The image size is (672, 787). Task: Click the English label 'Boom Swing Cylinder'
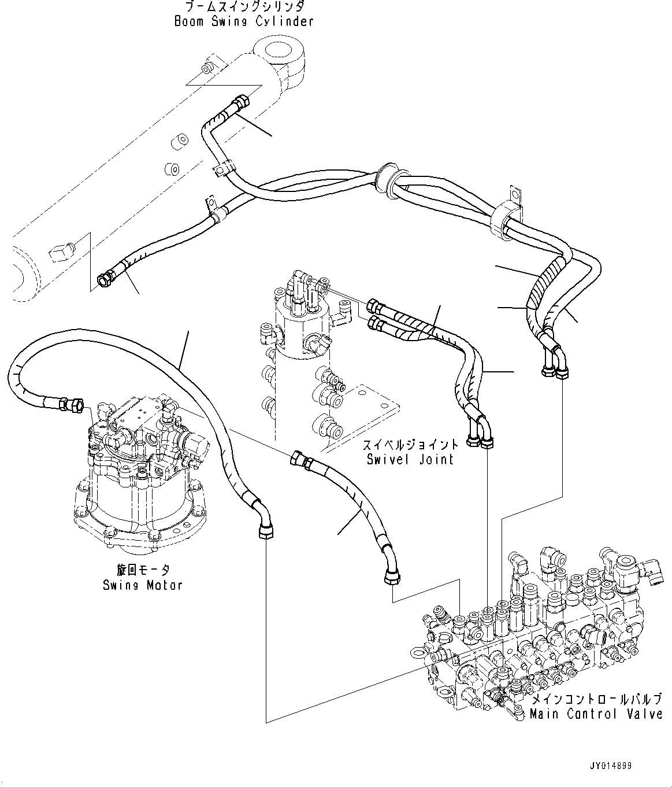243,22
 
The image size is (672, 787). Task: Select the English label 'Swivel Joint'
410,459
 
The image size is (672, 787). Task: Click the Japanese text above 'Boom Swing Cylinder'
243,8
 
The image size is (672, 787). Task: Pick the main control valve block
532,642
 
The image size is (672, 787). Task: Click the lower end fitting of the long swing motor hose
265,530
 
